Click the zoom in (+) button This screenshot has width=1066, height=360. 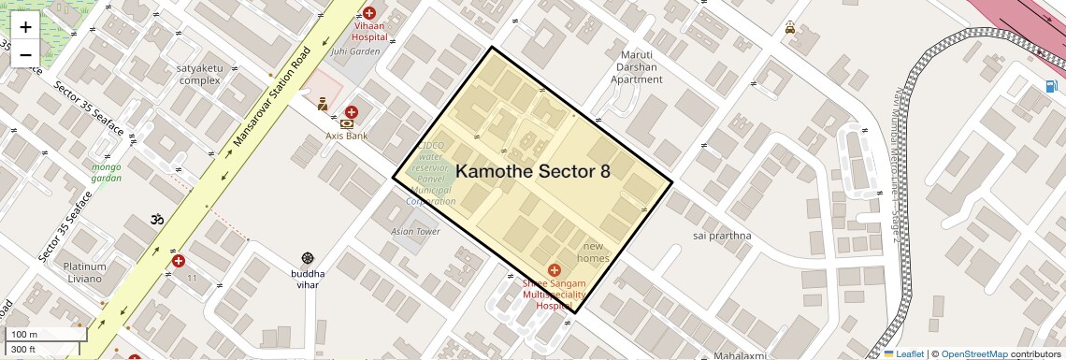coord(25,27)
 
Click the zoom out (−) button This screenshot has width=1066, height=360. coord(25,54)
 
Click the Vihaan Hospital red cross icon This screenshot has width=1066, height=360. coord(369,13)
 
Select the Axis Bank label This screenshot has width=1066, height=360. coord(346,136)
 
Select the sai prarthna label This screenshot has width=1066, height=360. coord(722,236)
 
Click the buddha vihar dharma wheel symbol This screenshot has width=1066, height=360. coord(308,258)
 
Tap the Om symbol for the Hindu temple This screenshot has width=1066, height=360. coord(156,220)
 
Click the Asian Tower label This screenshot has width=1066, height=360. coord(415,231)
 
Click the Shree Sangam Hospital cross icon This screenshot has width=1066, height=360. coord(555,269)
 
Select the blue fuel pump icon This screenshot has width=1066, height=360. coord(1052,87)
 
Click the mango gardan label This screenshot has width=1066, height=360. coord(107,172)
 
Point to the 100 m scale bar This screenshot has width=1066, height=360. coord(47,334)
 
